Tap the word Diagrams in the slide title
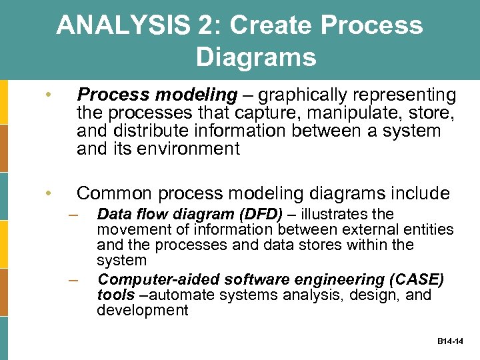pos(256,57)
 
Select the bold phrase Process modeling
pos(157,95)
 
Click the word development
pos(143,310)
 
